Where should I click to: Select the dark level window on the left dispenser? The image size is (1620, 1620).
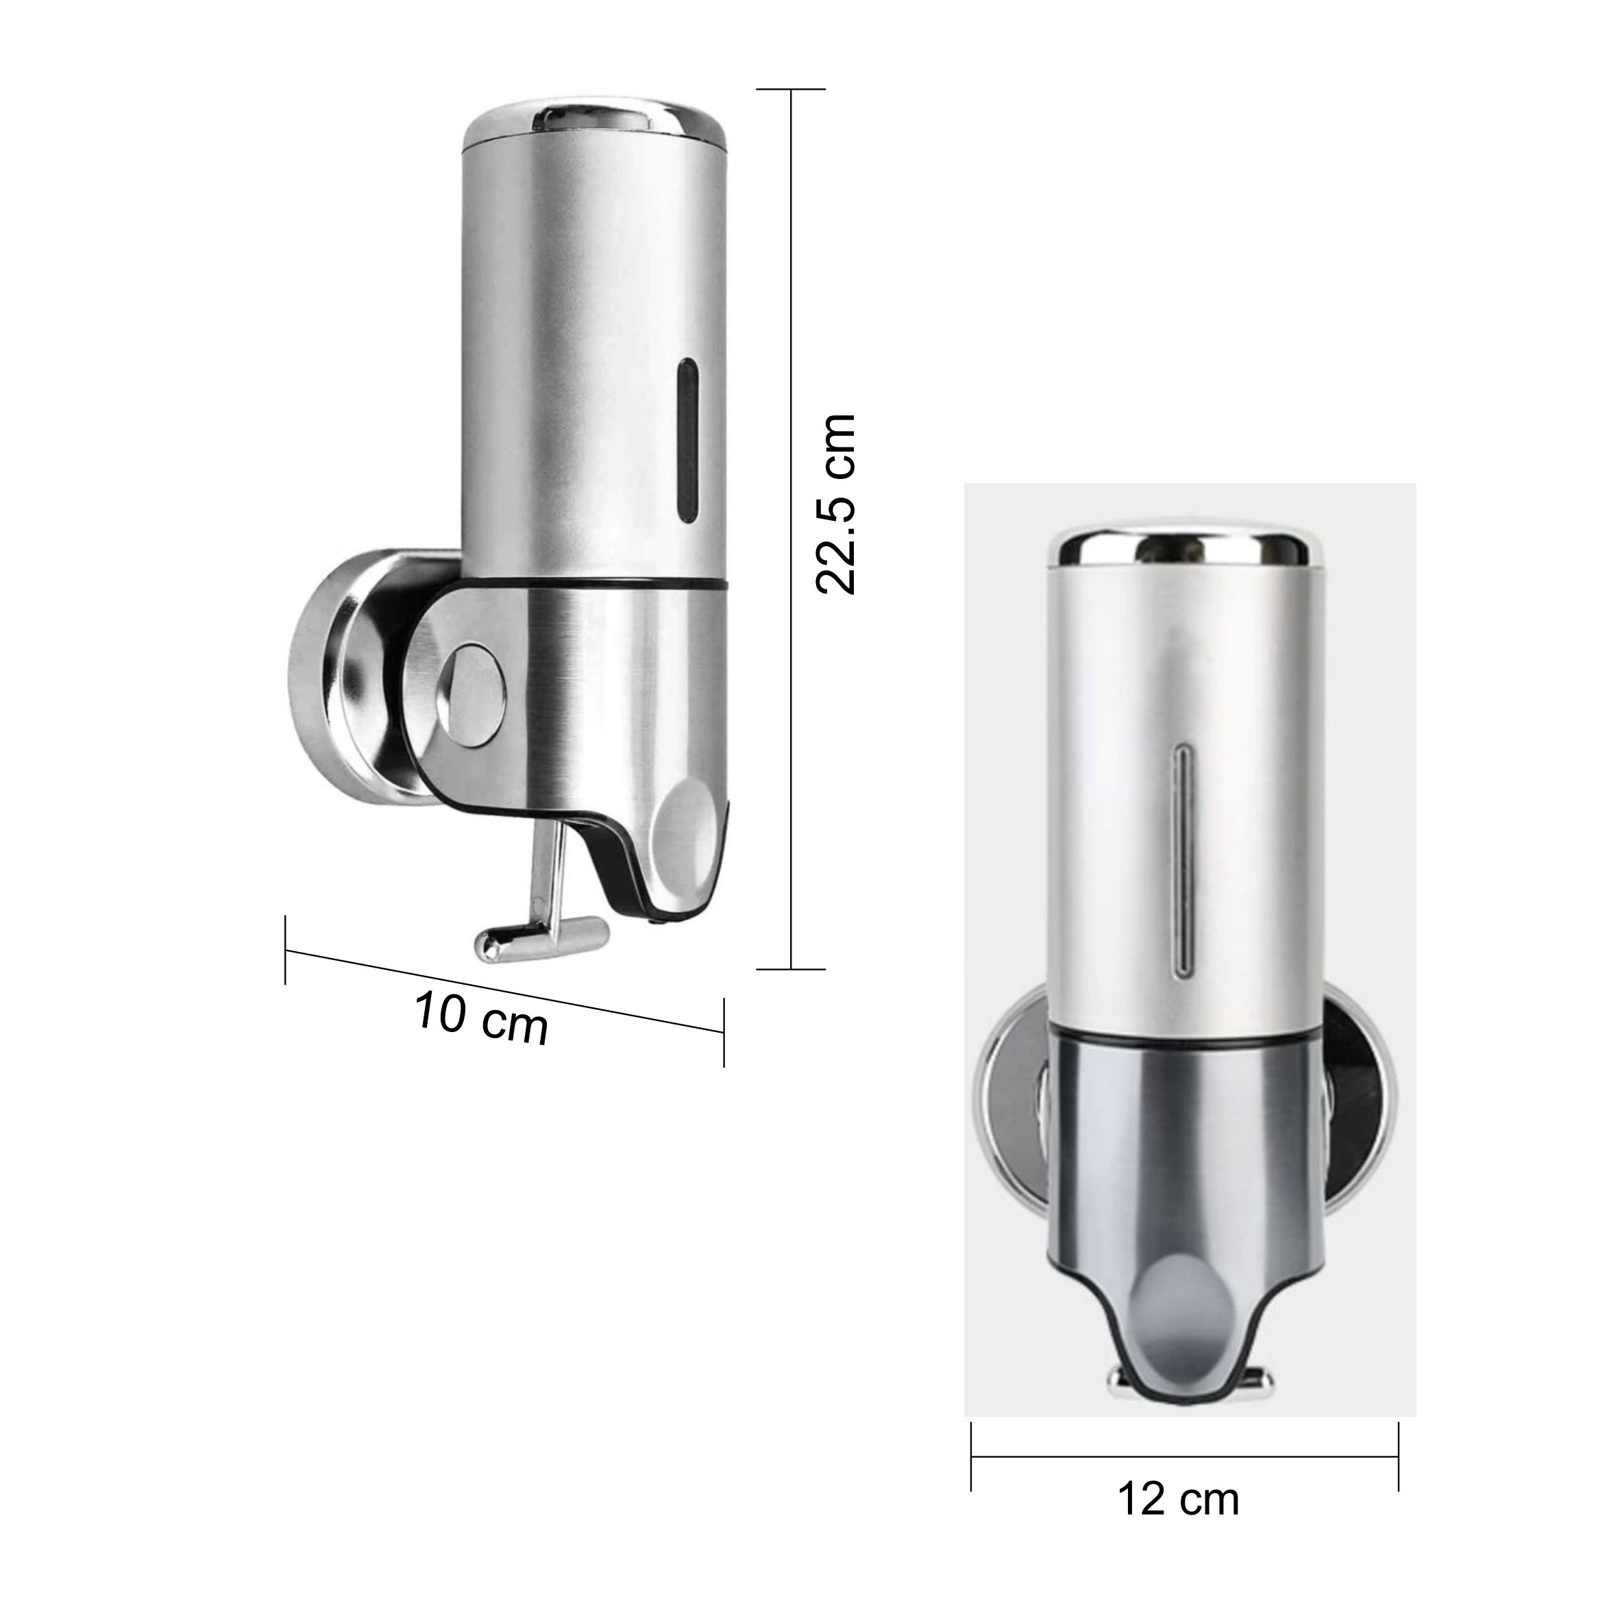(687, 439)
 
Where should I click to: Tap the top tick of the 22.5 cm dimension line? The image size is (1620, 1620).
(791, 89)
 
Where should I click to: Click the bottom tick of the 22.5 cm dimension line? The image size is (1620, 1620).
(791, 969)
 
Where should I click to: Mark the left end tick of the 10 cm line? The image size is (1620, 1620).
(286, 950)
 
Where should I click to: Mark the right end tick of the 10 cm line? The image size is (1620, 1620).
(724, 1032)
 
